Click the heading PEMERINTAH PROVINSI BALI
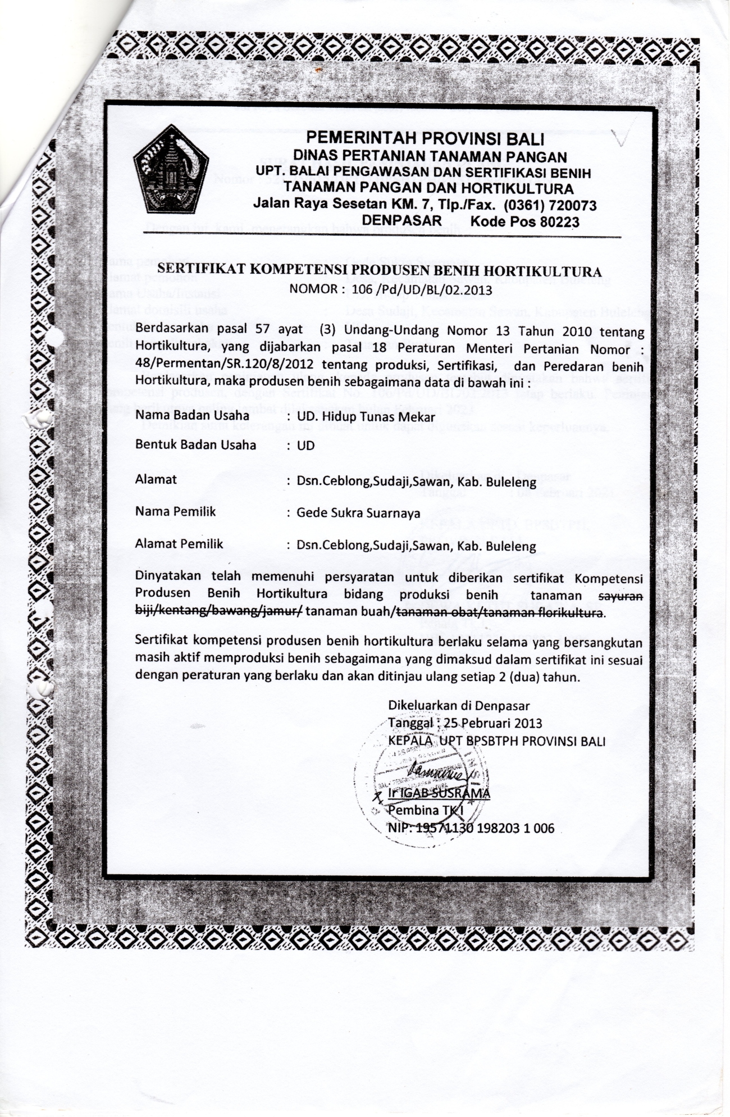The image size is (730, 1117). point(426,138)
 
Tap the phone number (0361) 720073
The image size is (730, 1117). point(550,205)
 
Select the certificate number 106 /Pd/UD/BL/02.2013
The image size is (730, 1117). point(422,290)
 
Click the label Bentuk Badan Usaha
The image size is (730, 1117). point(195,445)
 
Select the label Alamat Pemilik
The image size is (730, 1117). point(179,544)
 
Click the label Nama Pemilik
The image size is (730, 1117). point(175,512)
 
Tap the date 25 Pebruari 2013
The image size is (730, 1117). point(492,723)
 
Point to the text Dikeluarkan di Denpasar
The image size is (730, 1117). point(459,705)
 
